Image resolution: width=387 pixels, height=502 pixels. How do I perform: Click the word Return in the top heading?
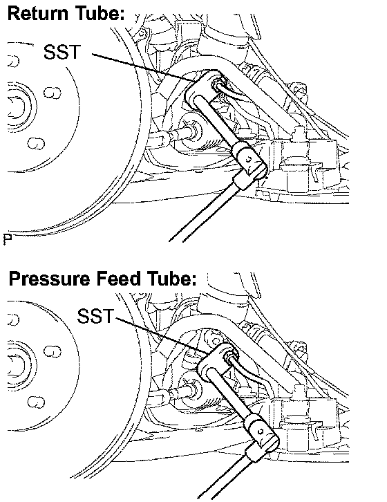click(38, 14)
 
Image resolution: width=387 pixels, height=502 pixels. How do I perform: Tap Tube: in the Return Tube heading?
click(100, 14)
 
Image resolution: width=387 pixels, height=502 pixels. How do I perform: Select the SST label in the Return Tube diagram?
click(62, 52)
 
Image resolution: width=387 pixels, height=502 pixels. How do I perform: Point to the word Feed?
click(118, 278)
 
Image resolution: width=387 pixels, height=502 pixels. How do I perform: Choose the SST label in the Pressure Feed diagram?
click(95, 316)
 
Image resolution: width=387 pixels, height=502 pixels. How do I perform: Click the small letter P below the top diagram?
click(8, 239)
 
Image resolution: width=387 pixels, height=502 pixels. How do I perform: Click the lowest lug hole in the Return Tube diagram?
click(36, 143)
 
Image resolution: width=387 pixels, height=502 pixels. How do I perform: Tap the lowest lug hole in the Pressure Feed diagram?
click(36, 402)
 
